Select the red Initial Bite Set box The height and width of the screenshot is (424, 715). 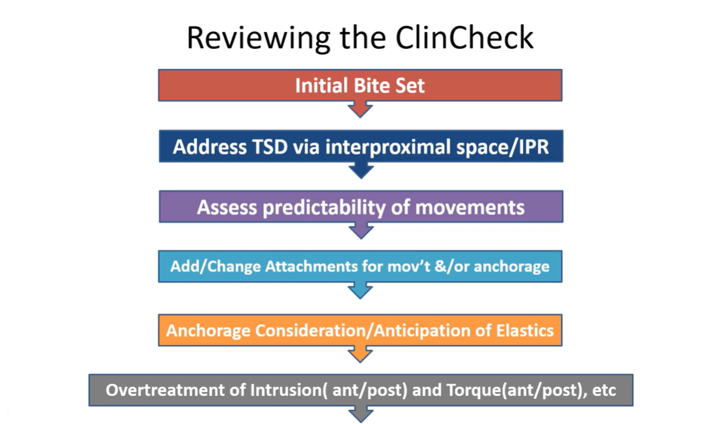click(x=359, y=86)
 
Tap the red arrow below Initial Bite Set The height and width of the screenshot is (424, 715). click(x=360, y=109)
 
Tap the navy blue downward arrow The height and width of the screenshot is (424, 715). click(x=360, y=170)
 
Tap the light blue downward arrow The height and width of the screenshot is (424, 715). click(x=360, y=290)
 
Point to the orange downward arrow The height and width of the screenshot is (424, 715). click(x=360, y=353)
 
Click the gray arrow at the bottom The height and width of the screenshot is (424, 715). click(x=360, y=414)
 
